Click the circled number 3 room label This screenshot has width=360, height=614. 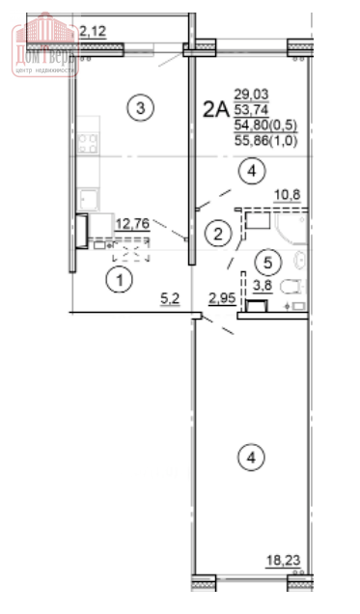(141, 108)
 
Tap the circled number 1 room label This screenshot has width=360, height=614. (117, 281)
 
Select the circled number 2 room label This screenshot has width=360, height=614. (220, 233)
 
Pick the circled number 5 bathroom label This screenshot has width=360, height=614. (269, 260)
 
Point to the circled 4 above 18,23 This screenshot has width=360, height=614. (251, 457)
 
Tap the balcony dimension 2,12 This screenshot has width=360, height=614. (94, 31)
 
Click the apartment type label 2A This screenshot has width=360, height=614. (214, 109)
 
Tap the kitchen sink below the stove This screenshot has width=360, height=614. (89, 199)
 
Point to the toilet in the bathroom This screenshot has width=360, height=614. (291, 287)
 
